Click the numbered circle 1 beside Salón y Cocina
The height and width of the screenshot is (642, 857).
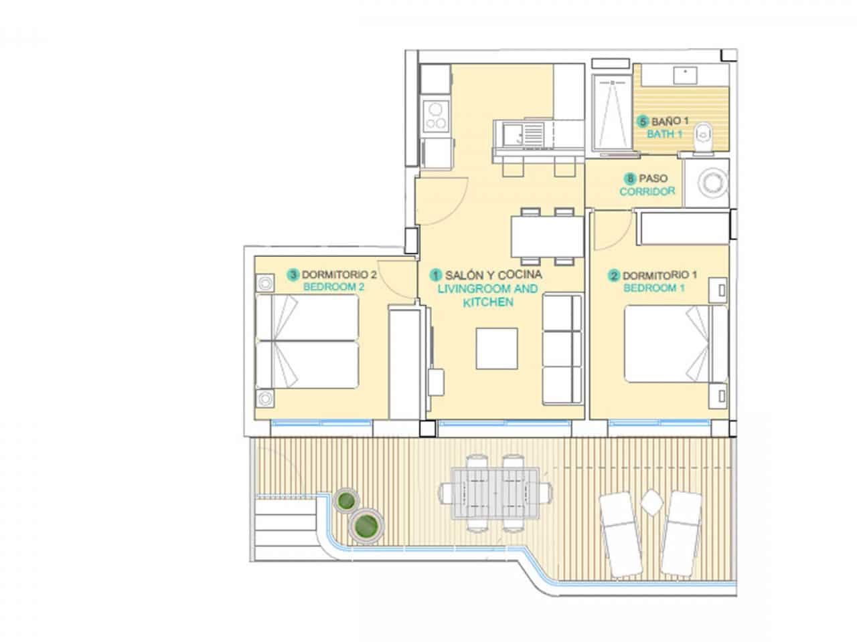tap(437, 274)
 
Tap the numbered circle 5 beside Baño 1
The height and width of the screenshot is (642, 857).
tap(643, 122)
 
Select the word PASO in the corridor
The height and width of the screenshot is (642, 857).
tap(652, 179)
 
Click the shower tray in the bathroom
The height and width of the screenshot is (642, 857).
tap(612, 110)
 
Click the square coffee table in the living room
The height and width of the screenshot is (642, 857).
tap(497, 348)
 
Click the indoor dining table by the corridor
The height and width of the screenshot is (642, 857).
tap(547, 234)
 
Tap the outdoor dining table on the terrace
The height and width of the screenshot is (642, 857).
tap(495, 493)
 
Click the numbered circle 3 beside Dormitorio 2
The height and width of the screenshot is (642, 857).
tap(293, 274)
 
